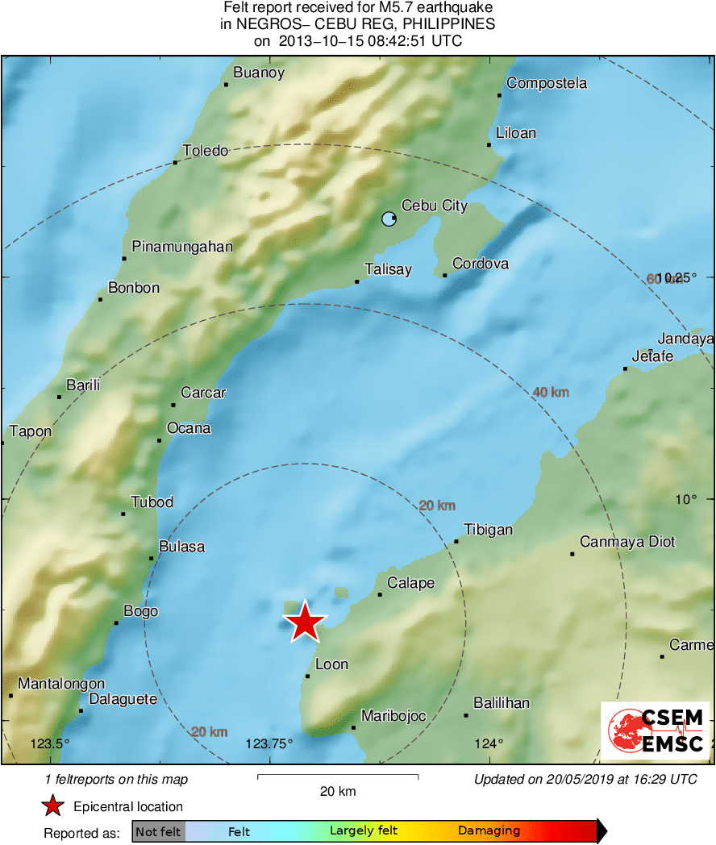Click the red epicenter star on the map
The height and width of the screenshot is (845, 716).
click(x=305, y=622)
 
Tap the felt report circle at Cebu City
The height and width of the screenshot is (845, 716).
click(x=389, y=219)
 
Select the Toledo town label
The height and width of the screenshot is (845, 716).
click(x=206, y=151)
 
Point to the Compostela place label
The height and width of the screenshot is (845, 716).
click(x=547, y=83)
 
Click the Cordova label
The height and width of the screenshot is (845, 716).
click(x=481, y=264)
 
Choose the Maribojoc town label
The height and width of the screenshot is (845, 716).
click(x=393, y=716)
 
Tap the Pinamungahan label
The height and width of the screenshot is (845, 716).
click(x=182, y=247)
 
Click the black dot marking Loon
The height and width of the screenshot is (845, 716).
click(x=307, y=676)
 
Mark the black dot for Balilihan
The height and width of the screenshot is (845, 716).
click(x=466, y=715)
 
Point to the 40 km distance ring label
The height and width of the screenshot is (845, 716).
click(x=551, y=393)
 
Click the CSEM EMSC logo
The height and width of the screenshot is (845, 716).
click(x=655, y=731)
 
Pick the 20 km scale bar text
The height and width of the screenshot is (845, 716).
click(x=338, y=792)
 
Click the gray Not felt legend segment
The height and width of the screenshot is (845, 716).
click(x=158, y=831)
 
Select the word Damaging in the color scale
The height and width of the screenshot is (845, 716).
click(x=489, y=831)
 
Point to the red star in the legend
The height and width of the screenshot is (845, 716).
click(x=53, y=806)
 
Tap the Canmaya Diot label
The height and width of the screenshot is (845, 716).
click(x=628, y=542)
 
